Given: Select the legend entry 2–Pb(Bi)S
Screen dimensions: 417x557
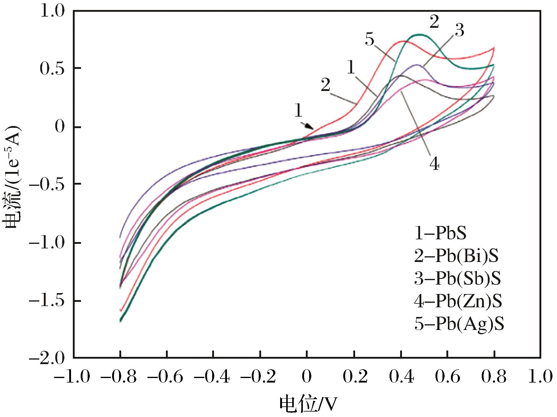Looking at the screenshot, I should (x=456, y=256).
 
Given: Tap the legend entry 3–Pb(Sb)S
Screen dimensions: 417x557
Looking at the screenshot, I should (x=457, y=279).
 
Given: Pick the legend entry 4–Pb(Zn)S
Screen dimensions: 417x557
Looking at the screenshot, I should (x=458, y=301).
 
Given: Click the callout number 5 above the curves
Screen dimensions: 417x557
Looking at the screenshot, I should (x=369, y=39).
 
